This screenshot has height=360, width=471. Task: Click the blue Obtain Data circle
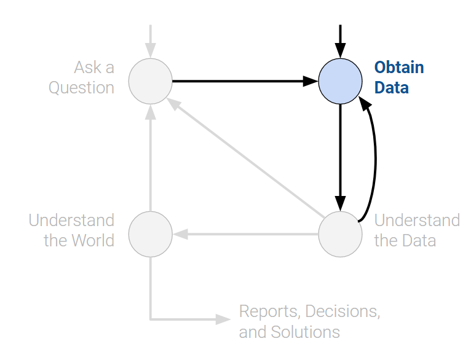click(x=340, y=80)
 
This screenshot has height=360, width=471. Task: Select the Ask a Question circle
click(x=151, y=80)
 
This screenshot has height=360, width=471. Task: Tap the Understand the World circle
click(x=151, y=233)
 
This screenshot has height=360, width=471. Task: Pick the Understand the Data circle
click(x=340, y=233)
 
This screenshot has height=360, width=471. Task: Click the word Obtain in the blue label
click(x=399, y=67)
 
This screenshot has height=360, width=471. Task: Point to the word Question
click(x=82, y=88)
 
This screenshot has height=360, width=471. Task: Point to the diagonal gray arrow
click(x=246, y=157)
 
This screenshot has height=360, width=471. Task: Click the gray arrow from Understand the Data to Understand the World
click(x=246, y=233)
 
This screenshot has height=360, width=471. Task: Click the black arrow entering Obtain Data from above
click(x=340, y=40)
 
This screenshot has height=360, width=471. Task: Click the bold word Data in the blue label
click(x=392, y=88)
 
